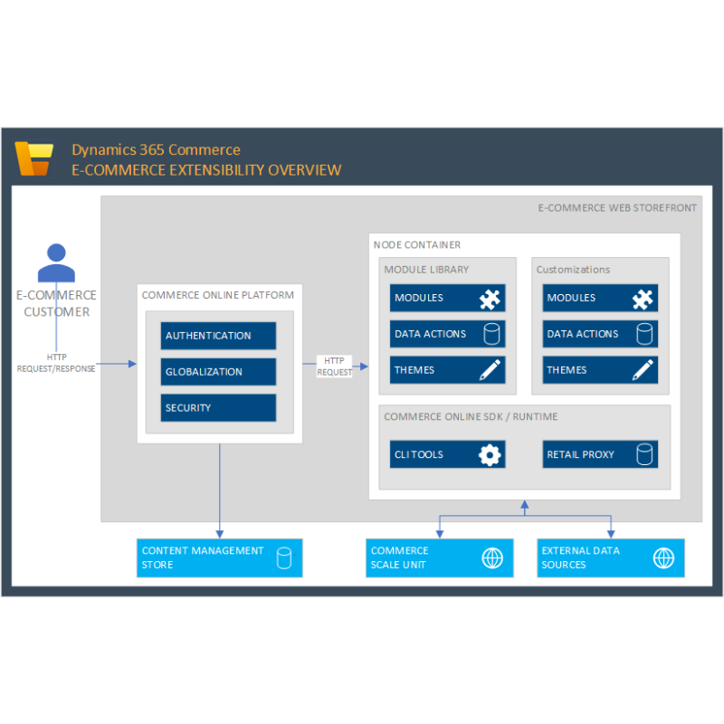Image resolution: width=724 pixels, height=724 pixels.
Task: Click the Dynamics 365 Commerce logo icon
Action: point(34,158)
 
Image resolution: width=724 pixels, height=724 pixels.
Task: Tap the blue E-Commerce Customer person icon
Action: point(56,262)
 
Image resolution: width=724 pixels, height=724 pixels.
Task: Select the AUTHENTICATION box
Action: point(218,336)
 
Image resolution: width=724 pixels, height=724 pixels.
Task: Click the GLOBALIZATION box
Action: point(218,372)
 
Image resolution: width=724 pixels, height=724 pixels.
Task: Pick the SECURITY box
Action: point(218,408)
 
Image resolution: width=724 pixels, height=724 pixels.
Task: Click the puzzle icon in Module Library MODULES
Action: point(490,299)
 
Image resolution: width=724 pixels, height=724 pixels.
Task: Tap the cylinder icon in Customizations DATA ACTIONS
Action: point(644,334)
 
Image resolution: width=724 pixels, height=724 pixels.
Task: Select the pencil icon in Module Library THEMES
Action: point(490,370)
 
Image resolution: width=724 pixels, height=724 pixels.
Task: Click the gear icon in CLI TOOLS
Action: point(490,455)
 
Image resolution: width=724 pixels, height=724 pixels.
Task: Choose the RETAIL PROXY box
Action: point(600,454)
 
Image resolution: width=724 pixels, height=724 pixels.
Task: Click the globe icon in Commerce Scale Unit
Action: point(492,558)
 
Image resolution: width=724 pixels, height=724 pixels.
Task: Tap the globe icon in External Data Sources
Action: point(663,558)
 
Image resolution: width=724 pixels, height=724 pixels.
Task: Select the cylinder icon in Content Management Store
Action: point(284,558)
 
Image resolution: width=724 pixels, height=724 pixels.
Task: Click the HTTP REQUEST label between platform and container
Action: point(334,367)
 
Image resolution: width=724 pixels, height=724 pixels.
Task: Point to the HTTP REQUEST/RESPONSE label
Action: point(56,363)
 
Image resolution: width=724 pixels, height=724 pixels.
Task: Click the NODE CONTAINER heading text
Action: point(417,244)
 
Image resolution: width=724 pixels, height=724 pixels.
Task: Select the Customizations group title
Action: point(573,270)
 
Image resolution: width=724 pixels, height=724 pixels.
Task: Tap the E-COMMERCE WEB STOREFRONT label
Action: point(617,208)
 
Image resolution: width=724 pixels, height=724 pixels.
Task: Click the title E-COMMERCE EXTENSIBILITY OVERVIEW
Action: point(206,170)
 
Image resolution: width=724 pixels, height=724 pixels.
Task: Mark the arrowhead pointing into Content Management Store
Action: point(220,534)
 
